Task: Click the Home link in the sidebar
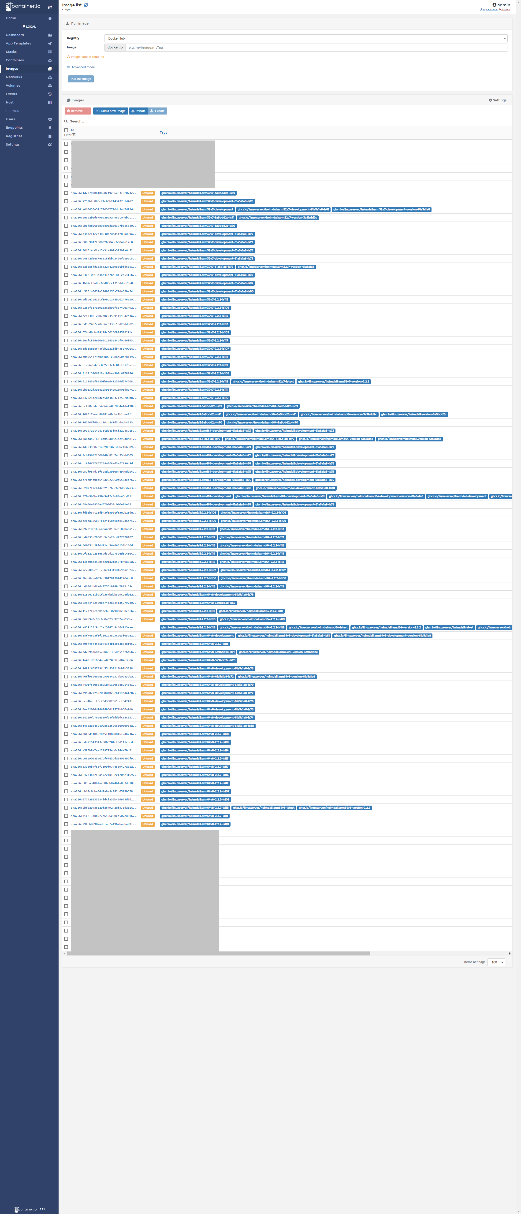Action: [11, 18]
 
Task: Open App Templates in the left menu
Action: [18, 43]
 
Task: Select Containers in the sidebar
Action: [15, 60]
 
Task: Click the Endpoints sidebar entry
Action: [14, 128]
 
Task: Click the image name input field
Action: [316, 48]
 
